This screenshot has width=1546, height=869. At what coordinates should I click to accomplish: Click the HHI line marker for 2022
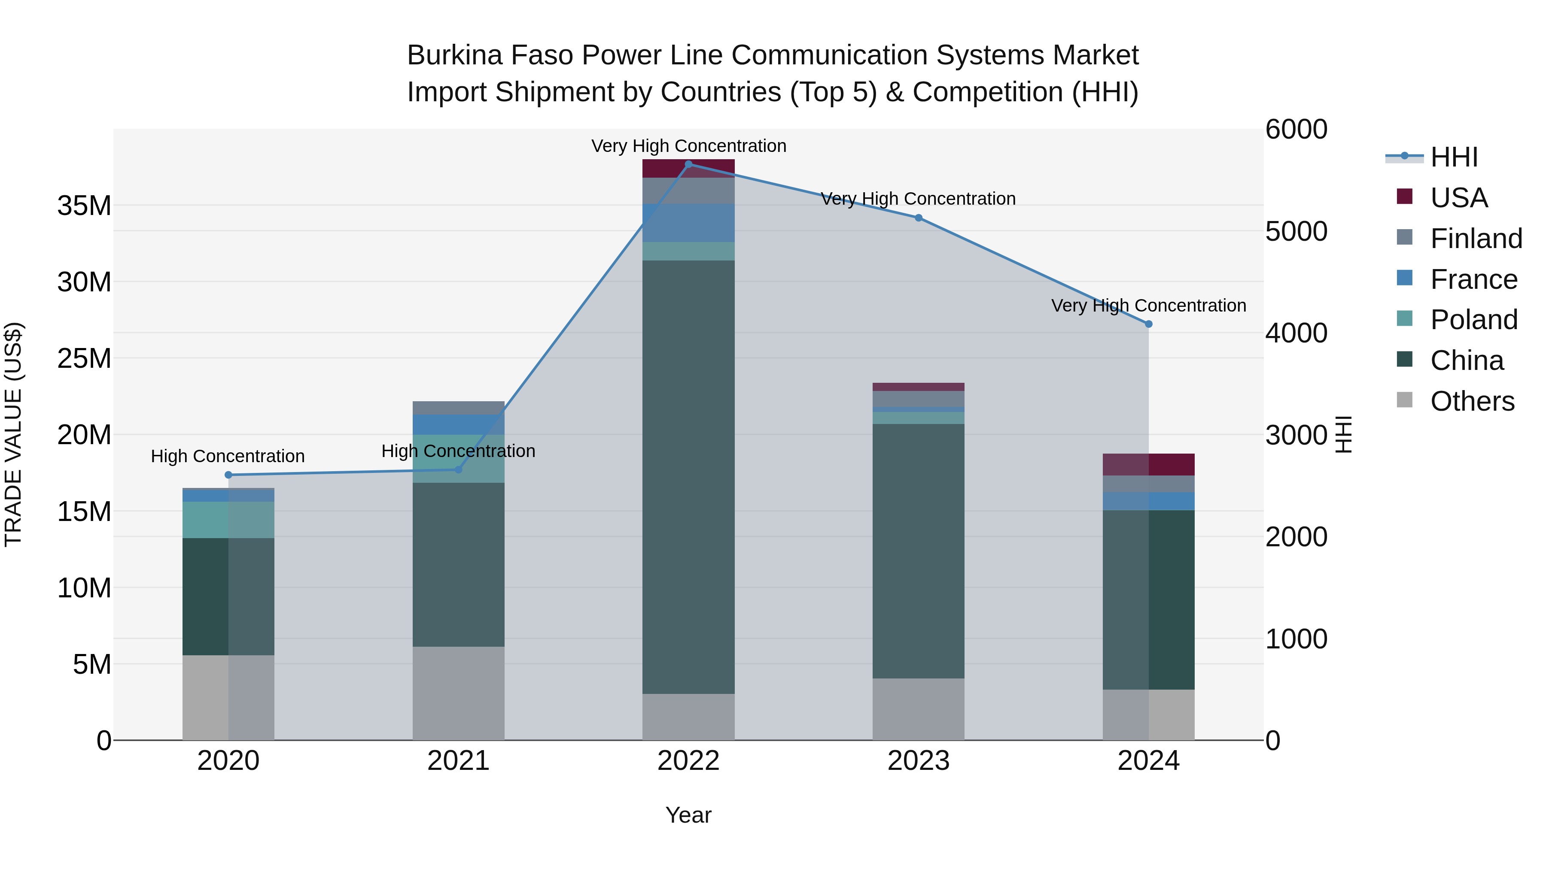(x=688, y=164)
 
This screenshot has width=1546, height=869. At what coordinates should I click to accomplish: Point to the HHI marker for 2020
(x=228, y=475)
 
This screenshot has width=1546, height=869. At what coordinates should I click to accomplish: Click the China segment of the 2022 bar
(x=688, y=477)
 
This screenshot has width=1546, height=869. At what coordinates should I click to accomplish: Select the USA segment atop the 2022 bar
(x=688, y=169)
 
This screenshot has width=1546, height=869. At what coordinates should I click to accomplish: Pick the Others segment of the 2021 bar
(x=459, y=693)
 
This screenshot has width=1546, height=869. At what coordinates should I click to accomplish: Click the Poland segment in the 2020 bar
(x=228, y=520)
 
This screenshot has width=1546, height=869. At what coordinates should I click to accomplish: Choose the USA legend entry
(x=1458, y=198)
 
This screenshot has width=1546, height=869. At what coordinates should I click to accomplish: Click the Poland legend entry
(x=1473, y=320)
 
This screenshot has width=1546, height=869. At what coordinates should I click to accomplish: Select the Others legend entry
(x=1472, y=401)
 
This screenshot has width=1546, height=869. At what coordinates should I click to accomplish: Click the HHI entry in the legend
(x=1453, y=157)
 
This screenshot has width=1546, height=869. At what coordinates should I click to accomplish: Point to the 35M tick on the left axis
(x=84, y=206)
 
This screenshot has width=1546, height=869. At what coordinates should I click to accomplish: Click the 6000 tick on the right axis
(x=1296, y=130)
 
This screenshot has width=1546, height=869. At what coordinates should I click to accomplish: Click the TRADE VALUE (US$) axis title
(x=13, y=434)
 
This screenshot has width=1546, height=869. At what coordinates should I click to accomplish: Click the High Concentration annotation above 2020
(x=228, y=457)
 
